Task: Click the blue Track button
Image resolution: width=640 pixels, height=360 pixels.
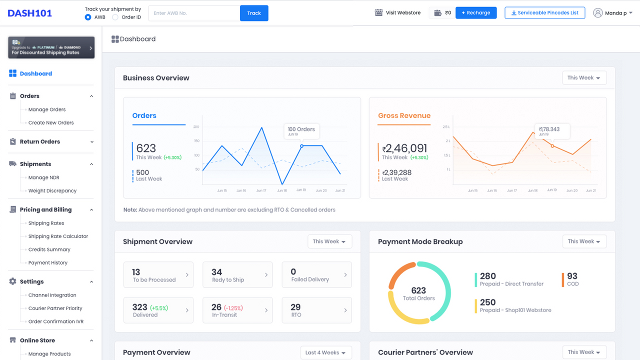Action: tap(254, 13)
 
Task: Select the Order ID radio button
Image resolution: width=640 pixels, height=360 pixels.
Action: tap(115, 17)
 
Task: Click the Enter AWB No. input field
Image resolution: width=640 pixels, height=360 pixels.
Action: tap(194, 13)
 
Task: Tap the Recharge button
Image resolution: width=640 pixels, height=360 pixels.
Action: tap(475, 12)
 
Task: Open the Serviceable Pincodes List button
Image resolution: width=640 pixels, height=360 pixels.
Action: tap(544, 12)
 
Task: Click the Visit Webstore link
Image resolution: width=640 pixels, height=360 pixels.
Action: tap(397, 12)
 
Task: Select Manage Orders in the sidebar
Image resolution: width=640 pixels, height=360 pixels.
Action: tap(47, 109)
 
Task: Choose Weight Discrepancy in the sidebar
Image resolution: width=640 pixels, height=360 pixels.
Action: tap(52, 190)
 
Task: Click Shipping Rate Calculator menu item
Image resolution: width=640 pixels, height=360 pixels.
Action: tap(58, 236)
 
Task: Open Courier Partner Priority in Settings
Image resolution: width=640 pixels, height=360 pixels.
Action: tap(55, 308)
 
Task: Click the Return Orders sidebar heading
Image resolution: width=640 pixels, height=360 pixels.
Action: tap(40, 141)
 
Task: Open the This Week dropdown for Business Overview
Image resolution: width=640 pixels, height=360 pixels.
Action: tap(584, 77)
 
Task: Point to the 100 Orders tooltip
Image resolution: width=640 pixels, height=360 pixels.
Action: tap(301, 131)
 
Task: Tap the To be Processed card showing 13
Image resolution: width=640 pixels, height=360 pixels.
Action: tap(158, 274)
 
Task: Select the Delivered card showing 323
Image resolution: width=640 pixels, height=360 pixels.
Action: tap(158, 310)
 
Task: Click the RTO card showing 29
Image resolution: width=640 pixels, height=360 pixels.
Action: tap(316, 310)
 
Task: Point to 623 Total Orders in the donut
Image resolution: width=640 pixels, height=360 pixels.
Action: tap(419, 293)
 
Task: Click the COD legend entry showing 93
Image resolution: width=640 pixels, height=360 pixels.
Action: tap(572, 279)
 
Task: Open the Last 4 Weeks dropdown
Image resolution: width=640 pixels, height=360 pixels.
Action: tap(326, 352)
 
